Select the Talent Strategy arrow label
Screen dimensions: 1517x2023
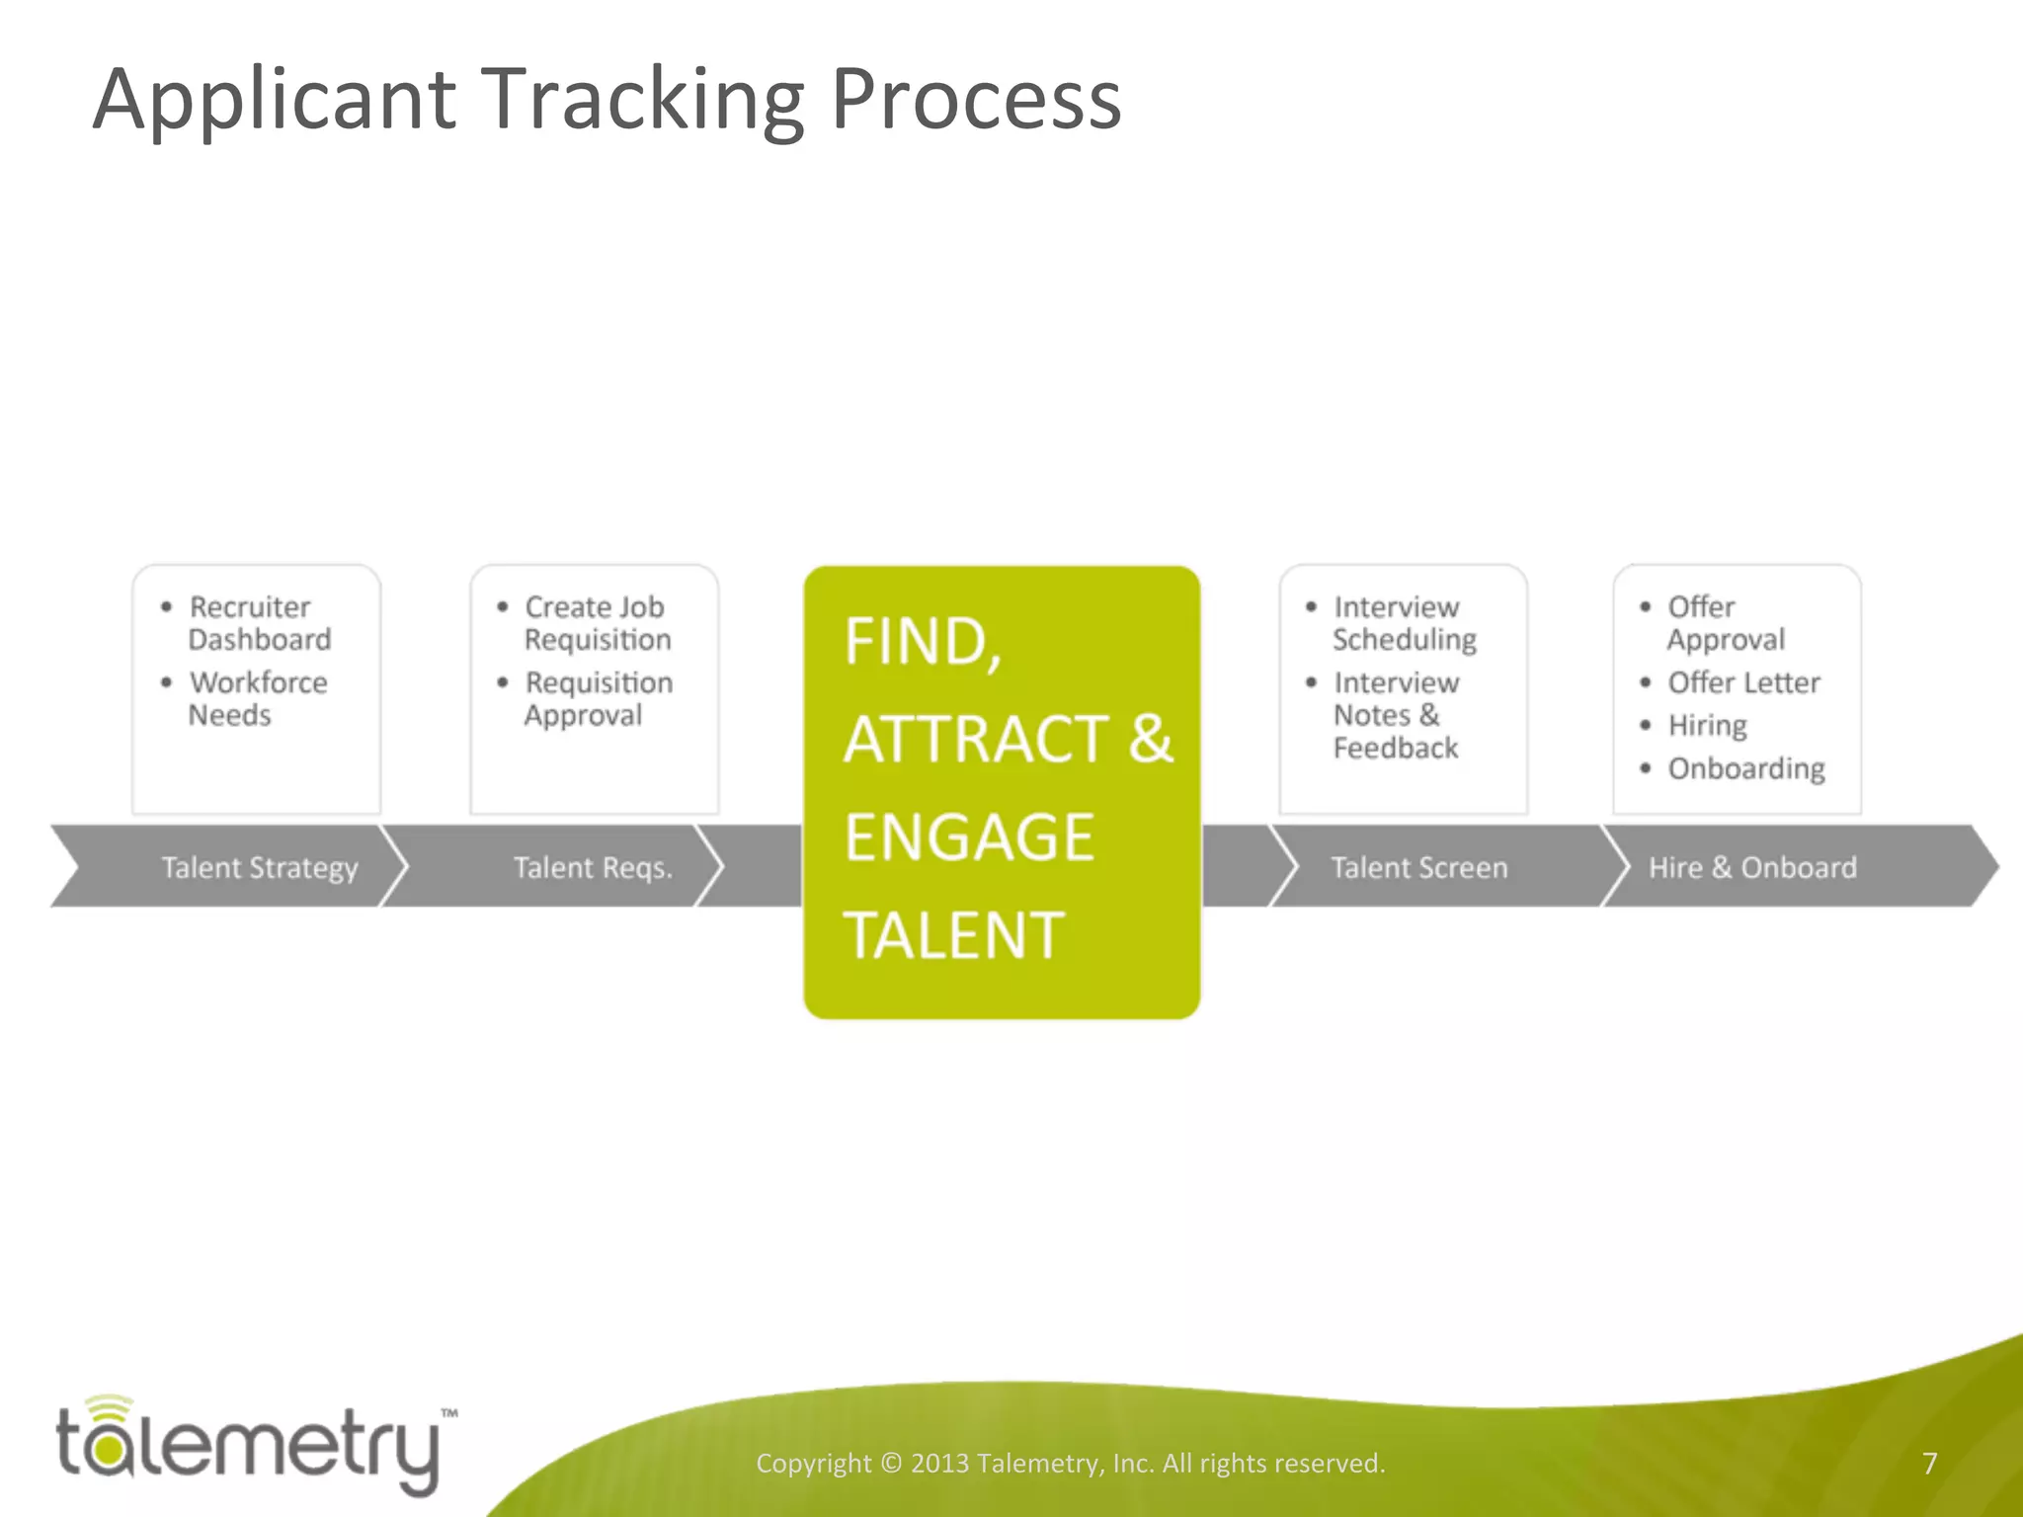pyautogui.click(x=260, y=868)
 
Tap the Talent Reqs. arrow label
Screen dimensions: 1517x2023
pyautogui.click(x=593, y=868)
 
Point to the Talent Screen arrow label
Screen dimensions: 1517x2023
pyautogui.click(x=1418, y=868)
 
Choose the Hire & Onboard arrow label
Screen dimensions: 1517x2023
pyautogui.click(x=1752, y=868)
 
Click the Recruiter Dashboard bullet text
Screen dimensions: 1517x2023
pyautogui.click(x=259, y=623)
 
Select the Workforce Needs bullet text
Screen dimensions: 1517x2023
pyautogui.click(x=257, y=698)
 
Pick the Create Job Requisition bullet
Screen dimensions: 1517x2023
pyautogui.click(x=597, y=623)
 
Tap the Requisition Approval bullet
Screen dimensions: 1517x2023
pyautogui.click(x=598, y=698)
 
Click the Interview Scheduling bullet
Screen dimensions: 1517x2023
pyautogui.click(x=1404, y=623)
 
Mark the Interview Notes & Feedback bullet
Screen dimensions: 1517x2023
pyautogui.click(x=1395, y=715)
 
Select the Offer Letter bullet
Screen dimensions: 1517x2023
pyautogui.click(x=1743, y=682)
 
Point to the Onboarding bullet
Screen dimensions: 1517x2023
pyautogui.click(x=1745, y=768)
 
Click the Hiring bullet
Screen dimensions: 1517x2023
pyautogui.click(x=1707, y=726)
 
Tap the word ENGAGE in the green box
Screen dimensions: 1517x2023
pyautogui.click(x=968, y=838)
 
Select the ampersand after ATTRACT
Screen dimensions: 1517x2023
pyautogui.click(x=1150, y=739)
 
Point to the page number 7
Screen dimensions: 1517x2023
pyautogui.click(x=1929, y=1463)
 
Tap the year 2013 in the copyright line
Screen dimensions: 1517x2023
pyautogui.click(x=938, y=1463)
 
